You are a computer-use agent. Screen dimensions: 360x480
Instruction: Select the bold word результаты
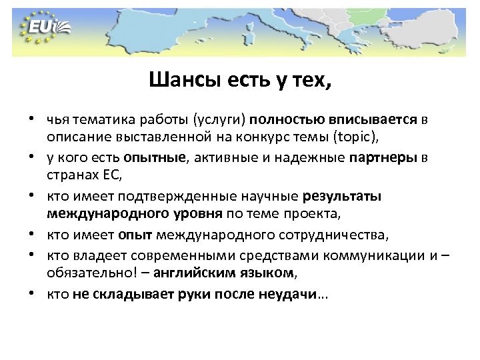pos(341,196)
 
